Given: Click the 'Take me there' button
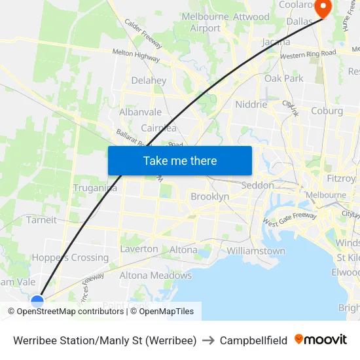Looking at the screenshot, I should point(180,160).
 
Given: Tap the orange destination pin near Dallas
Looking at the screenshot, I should point(324,9).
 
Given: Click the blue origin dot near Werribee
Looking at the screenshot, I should point(37,301).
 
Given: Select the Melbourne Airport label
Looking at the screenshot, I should point(206,22).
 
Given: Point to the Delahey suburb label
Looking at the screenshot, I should point(149,81).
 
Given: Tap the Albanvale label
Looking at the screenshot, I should point(140,112).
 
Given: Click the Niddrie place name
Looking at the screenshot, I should point(251,104).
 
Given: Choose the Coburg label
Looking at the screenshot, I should point(327,111).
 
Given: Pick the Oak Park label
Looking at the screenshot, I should point(284,79).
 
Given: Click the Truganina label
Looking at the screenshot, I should point(96,188).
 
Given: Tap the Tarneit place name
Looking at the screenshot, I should point(41,220).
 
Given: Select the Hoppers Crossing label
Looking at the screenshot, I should point(70,257).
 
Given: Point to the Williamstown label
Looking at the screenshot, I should point(256,251).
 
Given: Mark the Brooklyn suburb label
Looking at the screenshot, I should point(209,196).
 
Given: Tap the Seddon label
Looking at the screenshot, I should point(258,185).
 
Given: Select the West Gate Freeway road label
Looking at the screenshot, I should point(290,221).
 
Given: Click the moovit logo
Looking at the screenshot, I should point(321,340).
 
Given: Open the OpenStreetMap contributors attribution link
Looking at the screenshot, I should point(71,312).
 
